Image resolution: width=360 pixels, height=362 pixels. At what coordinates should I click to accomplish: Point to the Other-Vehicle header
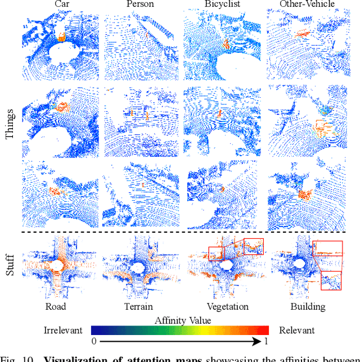[307, 5]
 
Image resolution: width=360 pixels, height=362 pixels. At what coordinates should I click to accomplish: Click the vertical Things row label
[10, 124]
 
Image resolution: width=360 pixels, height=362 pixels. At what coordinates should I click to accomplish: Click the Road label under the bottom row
[56, 307]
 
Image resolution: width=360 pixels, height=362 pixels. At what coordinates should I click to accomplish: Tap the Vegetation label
[227, 307]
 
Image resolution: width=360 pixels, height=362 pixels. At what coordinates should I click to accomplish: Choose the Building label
[308, 307]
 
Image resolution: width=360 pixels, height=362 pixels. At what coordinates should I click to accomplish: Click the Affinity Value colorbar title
[183, 320]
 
